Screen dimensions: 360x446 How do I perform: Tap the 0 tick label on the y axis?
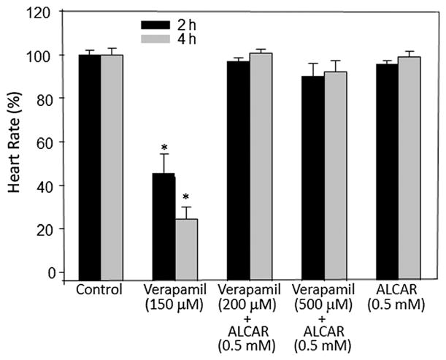52,272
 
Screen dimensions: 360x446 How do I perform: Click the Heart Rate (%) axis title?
14,143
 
